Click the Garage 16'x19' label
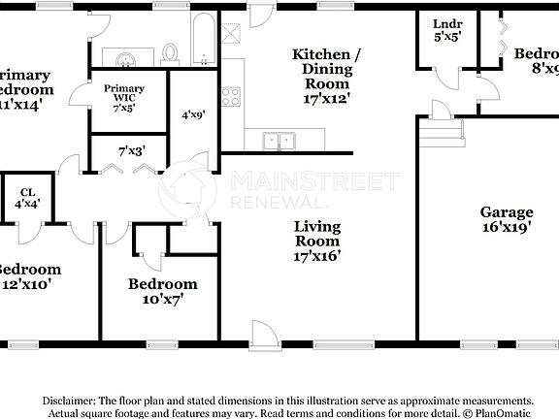pos(507,221)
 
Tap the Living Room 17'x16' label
pos(317,242)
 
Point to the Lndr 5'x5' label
pos(446,31)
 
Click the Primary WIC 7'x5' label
pos(123,97)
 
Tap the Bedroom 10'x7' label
pos(163,291)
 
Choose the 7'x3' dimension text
pos(130,151)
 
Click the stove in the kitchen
pos(231,96)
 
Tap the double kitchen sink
pos(280,141)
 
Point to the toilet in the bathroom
pos(171,51)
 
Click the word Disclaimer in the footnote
pos(67,401)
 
